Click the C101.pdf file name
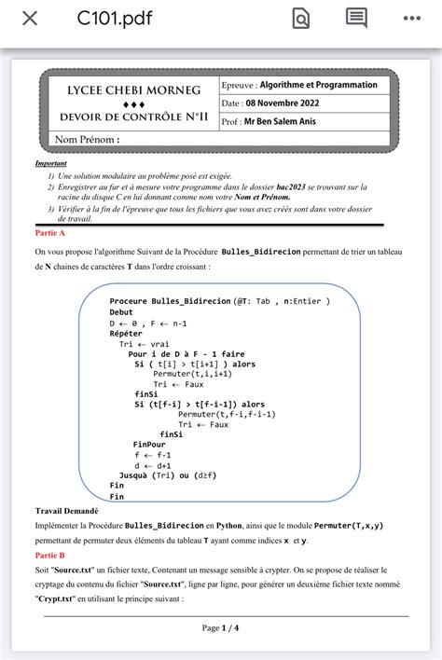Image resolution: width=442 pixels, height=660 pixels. [114, 19]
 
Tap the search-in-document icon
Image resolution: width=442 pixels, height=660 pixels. [301, 19]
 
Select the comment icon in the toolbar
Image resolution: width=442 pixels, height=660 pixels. [356, 18]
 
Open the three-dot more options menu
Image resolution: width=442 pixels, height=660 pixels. [412, 19]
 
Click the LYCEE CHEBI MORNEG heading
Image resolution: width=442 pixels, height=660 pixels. [133, 90]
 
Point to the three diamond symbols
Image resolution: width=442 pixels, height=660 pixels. [133, 104]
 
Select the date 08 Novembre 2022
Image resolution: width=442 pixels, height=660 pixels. [288, 103]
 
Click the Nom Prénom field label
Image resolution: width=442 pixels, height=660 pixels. [88, 140]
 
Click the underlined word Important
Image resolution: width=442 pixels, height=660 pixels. [51, 163]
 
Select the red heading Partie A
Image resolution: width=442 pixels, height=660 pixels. [49, 232]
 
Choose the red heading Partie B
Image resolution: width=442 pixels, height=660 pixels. [49, 555]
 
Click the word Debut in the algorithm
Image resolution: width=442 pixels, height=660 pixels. [121, 312]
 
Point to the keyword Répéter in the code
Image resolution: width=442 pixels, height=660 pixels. [126, 333]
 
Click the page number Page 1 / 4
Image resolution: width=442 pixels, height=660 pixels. [220, 627]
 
